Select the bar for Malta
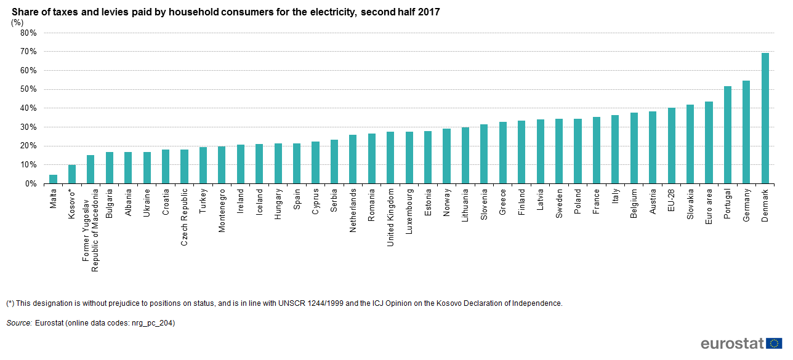(54, 179)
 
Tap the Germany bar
(746, 132)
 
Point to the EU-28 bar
(672, 146)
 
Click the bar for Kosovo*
(72, 174)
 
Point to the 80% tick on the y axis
(29, 33)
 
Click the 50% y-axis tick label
(29, 90)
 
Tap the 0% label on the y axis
(31, 184)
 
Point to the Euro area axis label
(709, 207)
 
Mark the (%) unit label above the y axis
(17, 23)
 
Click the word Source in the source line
(19, 322)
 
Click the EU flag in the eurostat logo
(775, 343)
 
